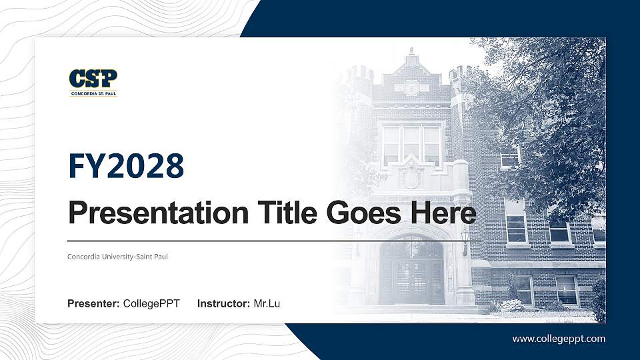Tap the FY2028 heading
[x=126, y=166]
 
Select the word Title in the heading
[x=285, y=213]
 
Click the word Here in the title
[x=445, y=213]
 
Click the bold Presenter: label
[x=93, y=304]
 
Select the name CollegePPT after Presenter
[x=151, y=304]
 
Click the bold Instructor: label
[x=224, y=304]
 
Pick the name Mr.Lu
[x=267, y=304]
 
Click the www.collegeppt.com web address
[x=559, y=339]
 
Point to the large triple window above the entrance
[x=411, y=143]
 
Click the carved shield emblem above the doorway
[x=411, y=177]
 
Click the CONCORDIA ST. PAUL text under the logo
[x=93, y=94]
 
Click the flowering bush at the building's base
[x=510, y=305]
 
